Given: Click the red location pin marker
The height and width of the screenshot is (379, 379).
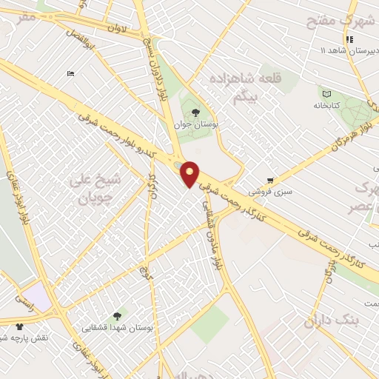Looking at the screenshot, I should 190,174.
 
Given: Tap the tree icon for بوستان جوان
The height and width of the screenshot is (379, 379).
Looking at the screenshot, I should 195,113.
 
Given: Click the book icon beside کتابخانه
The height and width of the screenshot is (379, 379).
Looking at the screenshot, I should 326,93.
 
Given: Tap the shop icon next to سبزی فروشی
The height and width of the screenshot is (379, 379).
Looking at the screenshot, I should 271,179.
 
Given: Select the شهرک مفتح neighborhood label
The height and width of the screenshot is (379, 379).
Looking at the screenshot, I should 343,21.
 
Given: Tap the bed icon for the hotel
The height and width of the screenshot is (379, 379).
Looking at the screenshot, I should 70,73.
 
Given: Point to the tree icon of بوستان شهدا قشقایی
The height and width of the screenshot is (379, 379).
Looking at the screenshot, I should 121,316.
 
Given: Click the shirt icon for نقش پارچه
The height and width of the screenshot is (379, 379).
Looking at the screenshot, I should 19,326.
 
